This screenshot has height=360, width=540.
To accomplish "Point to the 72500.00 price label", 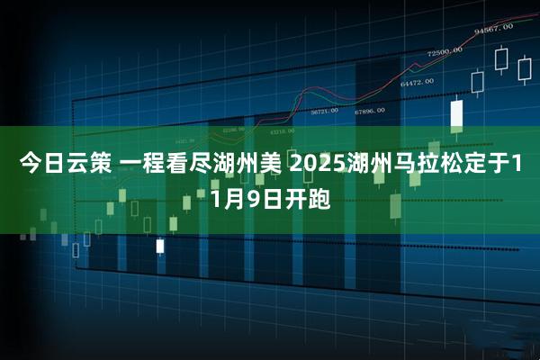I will pos(445,51).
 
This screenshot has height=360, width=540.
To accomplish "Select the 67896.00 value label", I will pos(370,111).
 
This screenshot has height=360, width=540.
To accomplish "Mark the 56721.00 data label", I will pos(324,112).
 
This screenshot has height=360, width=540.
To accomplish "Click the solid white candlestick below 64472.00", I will pos(456,112).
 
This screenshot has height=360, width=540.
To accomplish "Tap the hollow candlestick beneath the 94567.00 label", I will pos(501,59).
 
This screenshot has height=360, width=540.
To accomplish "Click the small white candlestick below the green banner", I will pos(160,245).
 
